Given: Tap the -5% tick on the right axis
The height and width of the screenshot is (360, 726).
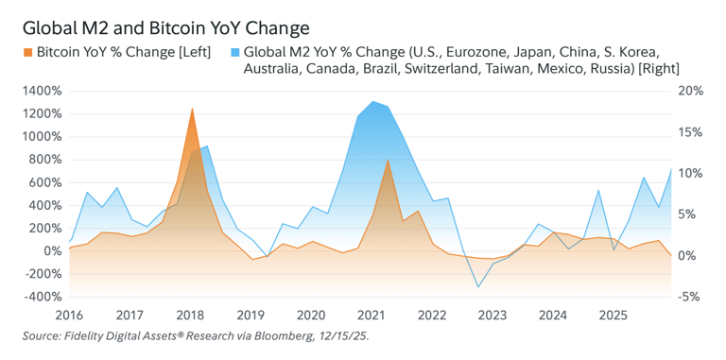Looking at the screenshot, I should coord(691,297).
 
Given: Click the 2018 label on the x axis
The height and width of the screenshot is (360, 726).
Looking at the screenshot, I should coord(190,314).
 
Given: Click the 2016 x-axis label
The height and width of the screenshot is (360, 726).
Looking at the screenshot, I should coord(69,314).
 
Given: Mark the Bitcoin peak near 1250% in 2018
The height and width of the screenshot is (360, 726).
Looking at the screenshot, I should coord(193,109).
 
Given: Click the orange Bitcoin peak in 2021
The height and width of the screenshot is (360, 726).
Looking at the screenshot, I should coord(389,160).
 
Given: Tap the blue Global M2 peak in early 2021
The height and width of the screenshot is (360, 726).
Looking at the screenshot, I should coord(374,101).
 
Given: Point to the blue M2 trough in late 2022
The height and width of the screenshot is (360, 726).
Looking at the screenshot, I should coord(479,287).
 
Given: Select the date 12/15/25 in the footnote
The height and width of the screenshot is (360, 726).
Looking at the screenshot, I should coord(347,335).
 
